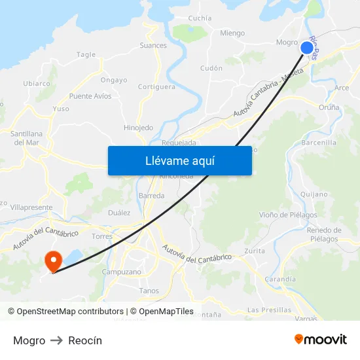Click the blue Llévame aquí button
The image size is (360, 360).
click(179, 160)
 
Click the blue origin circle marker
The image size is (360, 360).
click(307, 47)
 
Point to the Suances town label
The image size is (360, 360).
click(153, 46)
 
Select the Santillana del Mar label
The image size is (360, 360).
click(27, 137)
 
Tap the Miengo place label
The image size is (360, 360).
click(232, 33)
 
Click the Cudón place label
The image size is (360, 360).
click(211, 68)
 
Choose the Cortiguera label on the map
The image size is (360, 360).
click(156, 86)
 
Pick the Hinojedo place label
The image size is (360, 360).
click(138, 128)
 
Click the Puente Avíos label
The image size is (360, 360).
click(90, 96)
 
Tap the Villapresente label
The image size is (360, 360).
click(31, 207)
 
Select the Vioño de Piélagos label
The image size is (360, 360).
click(288, 215)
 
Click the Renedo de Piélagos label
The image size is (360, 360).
click(324, 234)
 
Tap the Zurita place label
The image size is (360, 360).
click(255, 251)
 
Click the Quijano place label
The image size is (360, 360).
click(313, 194)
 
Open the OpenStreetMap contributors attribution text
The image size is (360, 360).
click(69, 312)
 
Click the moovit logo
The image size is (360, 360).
click(321, 340)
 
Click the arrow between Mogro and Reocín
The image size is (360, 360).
click(57, 340)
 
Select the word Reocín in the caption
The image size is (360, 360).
click(85, 340)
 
